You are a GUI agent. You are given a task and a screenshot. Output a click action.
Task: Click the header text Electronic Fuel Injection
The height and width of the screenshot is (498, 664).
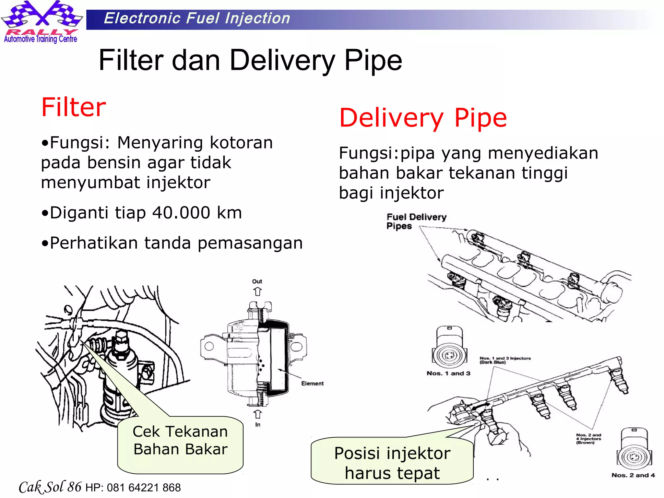coord(197,18)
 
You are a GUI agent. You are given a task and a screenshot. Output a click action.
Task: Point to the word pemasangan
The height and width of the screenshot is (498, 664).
coord(250,243)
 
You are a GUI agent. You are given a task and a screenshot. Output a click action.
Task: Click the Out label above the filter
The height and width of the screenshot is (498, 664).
coord(257,281)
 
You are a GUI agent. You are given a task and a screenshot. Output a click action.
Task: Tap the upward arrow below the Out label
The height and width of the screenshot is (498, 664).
coord(257,291)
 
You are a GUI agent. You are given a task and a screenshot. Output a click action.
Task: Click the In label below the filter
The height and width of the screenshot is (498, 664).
coord(258,424)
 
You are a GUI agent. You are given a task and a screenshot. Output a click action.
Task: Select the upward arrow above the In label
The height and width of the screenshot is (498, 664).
coord(257,414)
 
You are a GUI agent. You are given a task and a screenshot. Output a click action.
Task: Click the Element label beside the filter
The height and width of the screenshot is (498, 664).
coord(312,384)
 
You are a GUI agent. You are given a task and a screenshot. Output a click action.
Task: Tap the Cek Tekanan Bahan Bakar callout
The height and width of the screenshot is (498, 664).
coord(180,441)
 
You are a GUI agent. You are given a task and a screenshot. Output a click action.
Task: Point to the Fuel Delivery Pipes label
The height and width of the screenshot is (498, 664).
coord(416,221)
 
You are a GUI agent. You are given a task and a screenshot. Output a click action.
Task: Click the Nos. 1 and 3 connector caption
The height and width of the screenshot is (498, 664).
coord(448,373)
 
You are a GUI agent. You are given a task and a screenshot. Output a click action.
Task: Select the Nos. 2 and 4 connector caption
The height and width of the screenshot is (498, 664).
coord(633,475)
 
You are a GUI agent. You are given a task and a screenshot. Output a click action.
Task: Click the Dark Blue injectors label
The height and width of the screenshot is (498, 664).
coord(505,360)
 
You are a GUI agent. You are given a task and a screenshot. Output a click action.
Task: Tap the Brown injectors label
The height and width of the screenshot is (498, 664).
coord(588,439)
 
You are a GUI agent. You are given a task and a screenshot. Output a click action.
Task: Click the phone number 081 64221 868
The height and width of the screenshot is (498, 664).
coord(144,488)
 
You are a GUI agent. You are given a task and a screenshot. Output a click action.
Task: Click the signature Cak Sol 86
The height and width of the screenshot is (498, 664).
coord(50,487)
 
